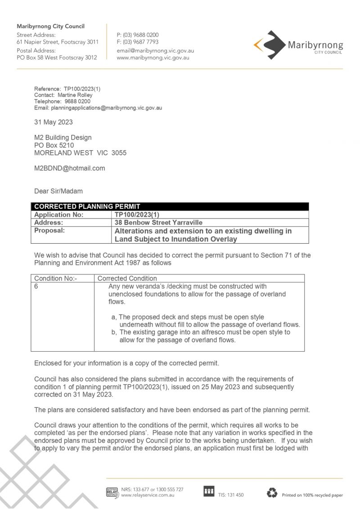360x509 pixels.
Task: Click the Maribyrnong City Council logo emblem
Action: tap(269, 45)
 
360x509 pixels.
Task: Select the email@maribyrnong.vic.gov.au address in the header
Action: tap(155, 50)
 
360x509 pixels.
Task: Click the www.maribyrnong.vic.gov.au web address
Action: tap(153, 58)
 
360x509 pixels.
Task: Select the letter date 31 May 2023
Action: tap(53, 122)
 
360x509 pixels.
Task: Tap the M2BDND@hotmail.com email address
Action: tap(69, 169)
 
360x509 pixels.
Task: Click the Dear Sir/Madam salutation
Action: tap(58, 191)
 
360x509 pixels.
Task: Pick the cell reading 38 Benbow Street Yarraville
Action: tap(159, 222)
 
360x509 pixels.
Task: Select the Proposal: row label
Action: tap(49, 231)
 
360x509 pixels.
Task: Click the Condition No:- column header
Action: tap(55, 278)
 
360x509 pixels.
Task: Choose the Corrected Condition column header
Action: tap(127, 278)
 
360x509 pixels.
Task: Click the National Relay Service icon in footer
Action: tap(112, 492)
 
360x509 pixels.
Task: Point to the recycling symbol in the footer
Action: tap(272, 493)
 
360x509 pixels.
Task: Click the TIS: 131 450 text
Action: tap(231, 495)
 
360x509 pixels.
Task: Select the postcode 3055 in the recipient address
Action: tap(119, 153)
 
